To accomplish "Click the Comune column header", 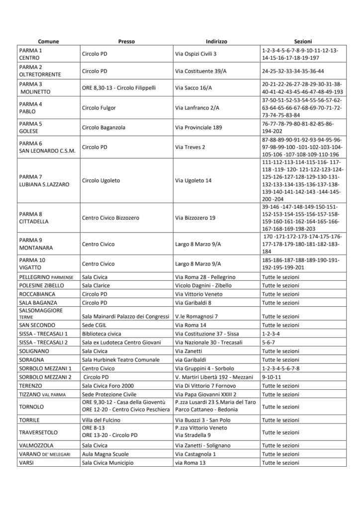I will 48,41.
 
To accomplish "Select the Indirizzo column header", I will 216,41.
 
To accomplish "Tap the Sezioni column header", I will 303,41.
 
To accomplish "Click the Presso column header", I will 126,41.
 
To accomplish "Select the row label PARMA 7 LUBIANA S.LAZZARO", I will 44,180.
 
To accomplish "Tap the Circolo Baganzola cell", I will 103,127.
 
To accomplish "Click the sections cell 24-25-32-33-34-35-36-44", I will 293,71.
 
